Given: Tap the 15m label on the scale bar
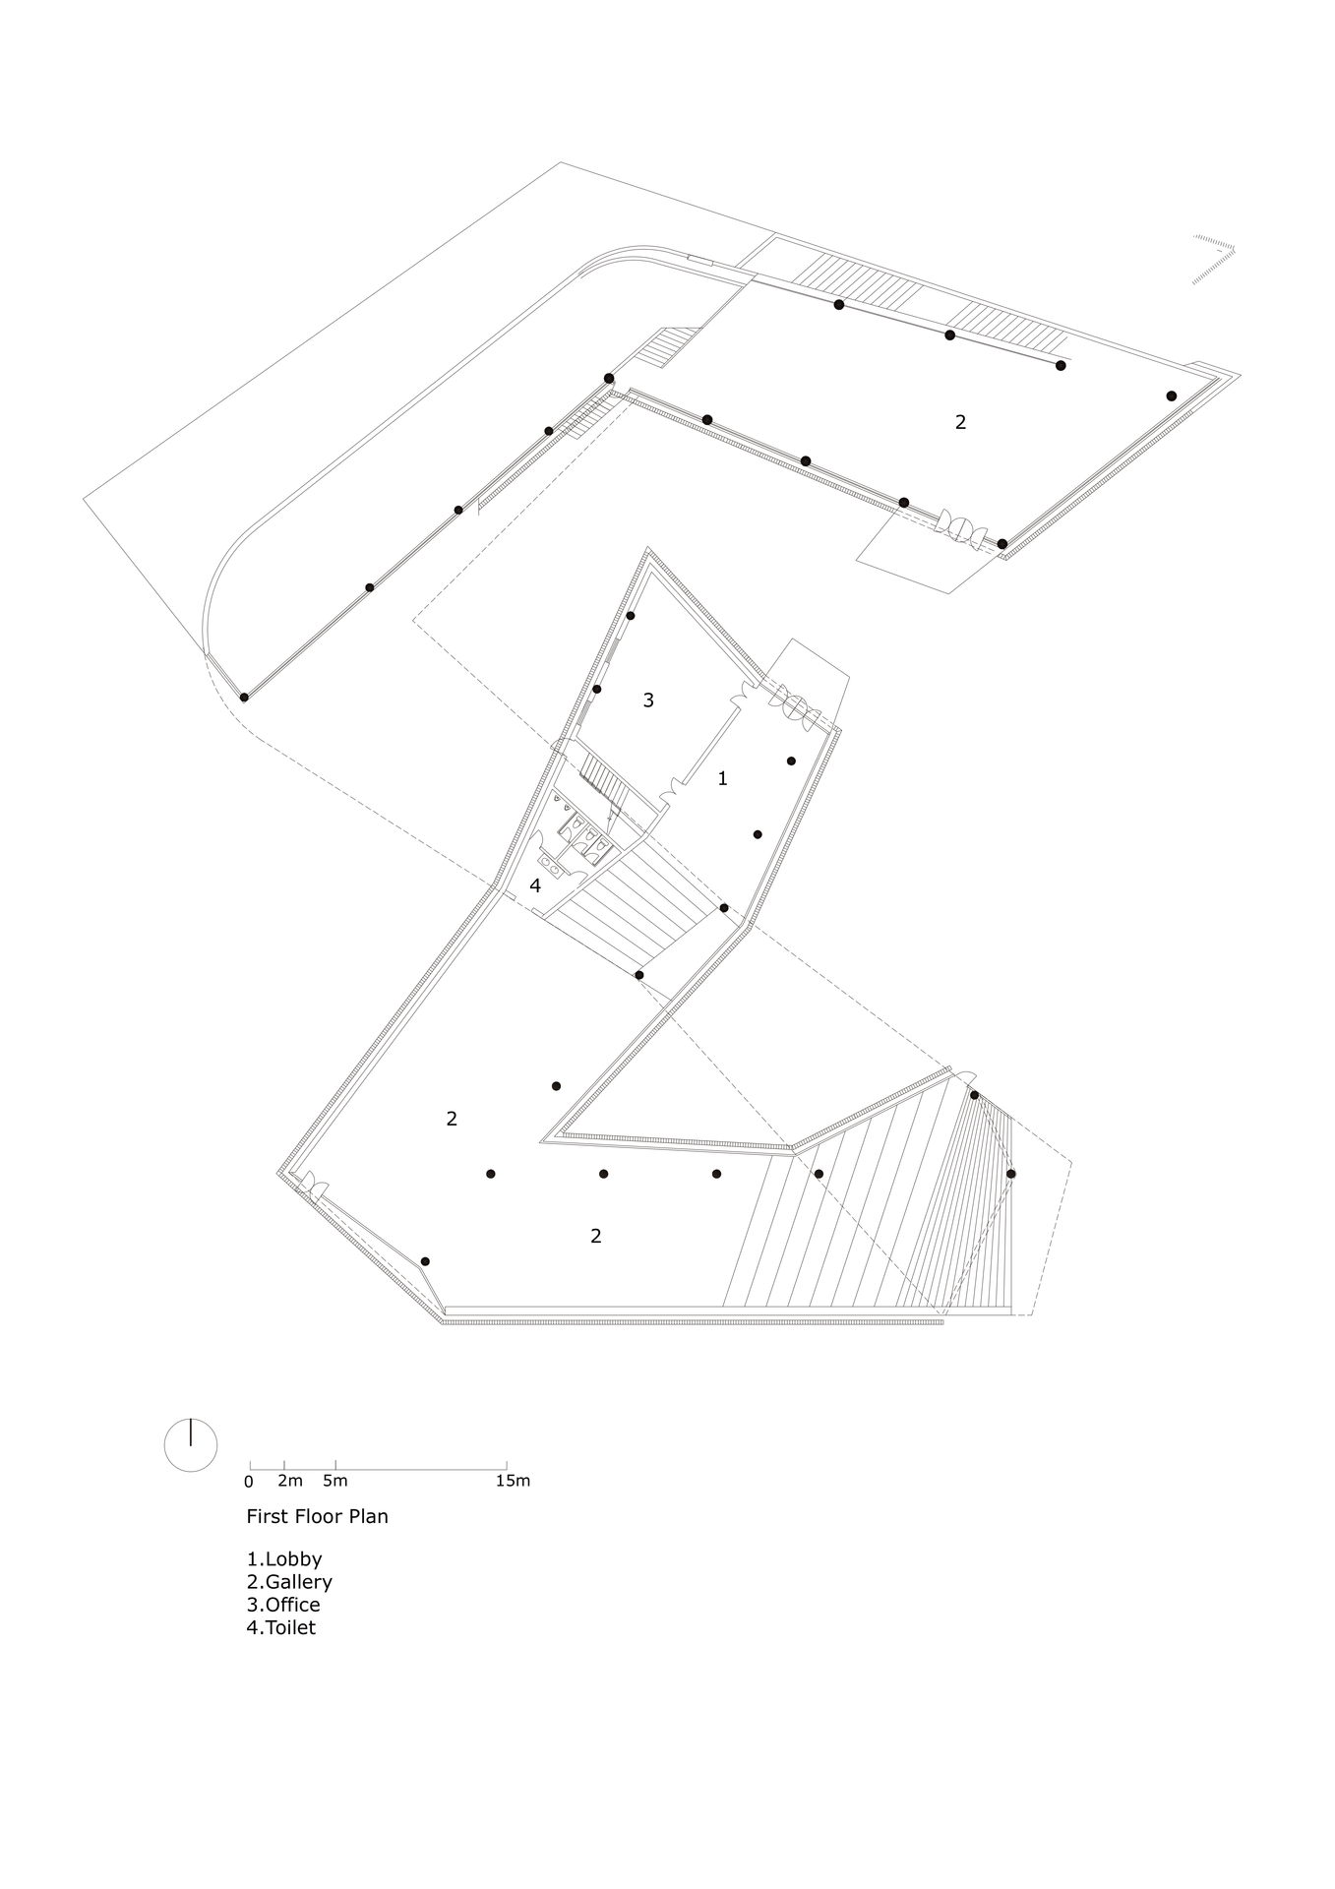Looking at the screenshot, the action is pyautogui.click(x=514, y=1481).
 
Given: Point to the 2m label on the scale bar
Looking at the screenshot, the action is pyautogui.click(x=289, y=1481).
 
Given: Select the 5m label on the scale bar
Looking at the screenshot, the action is pyautogui.click(x=334, y=1481).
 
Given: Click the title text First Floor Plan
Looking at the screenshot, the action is pyautogui.click(x=317, y=1516).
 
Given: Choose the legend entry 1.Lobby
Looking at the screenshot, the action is pyautogui.click(x=284, y=1559).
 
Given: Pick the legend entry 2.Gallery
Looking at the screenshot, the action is pyautogui.click(x=289, y=1582).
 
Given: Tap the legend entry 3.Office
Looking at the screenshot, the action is pyautogui.click(x=283, y=1605).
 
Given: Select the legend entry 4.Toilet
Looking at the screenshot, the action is pyautogui.click(x=281, y=1627).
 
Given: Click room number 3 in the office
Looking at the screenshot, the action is pyautogui.click(x=648, y=701).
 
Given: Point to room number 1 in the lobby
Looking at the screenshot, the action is pyautogui.click(x=723, y=778).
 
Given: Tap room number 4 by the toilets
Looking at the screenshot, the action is pyautogui.click(x=535, y=885).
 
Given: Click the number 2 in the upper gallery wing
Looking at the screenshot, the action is pyautogui.click(x=961, y=422).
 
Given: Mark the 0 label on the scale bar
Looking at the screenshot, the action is pyautogui.click(x=249, y=1481).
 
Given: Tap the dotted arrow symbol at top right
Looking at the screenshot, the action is pyautogui.click(x=1213, y=260).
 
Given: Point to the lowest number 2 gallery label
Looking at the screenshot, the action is pyautogui.click(x=596, y=1236).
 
